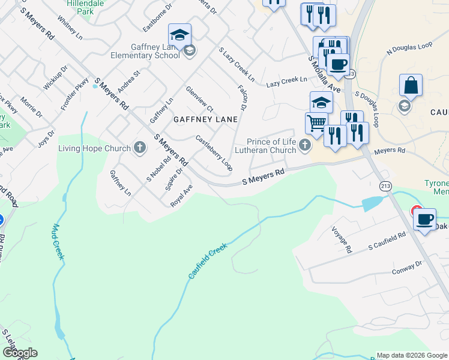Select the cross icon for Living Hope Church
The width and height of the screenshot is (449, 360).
click(140, 148)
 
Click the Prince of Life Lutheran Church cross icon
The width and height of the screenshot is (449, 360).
click(306, 145)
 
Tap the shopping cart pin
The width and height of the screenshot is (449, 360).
click(316, 124)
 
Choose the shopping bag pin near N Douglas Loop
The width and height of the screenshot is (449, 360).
click(411, 86)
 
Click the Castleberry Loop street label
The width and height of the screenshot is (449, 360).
click(214, 153)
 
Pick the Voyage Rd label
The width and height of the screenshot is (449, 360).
click(340, 239)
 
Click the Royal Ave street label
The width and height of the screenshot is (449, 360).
click(181, 196)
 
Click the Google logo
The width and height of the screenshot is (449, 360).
click(19, 353)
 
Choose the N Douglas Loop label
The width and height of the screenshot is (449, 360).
click(409, 49)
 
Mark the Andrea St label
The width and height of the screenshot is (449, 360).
click(128, 82)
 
